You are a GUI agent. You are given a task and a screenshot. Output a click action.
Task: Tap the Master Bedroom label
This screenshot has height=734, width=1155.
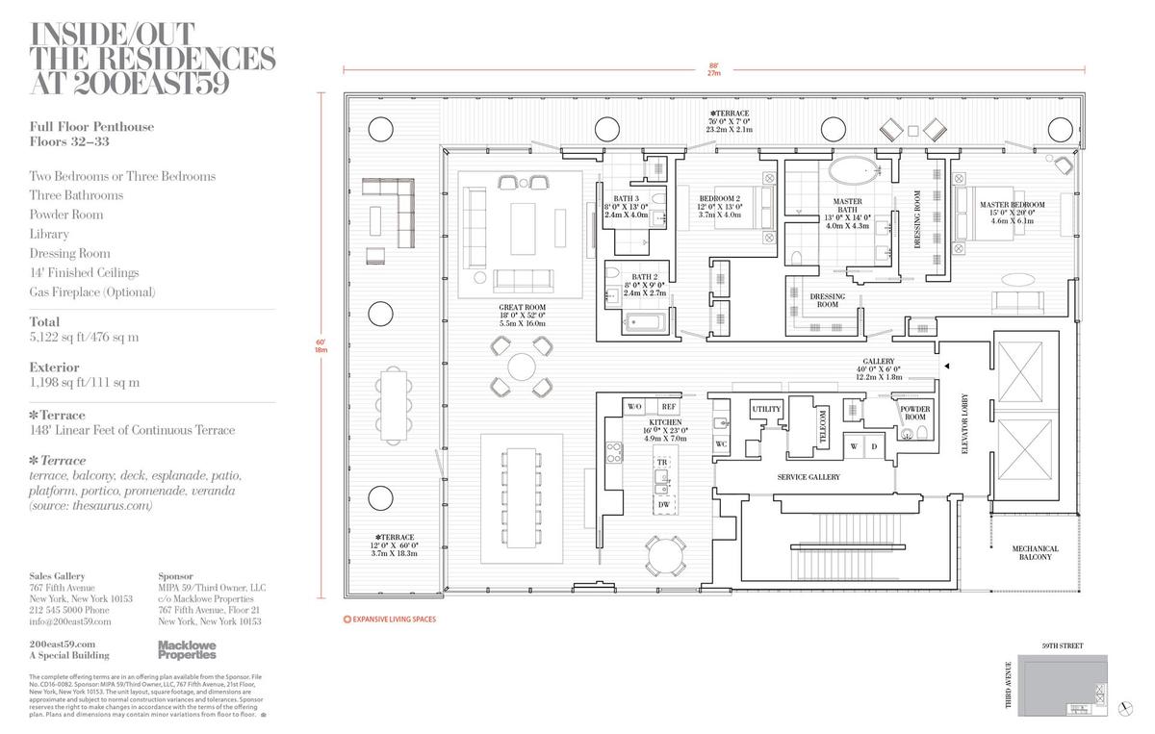pos(1012,205)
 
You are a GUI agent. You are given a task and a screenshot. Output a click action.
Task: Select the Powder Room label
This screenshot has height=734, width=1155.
pos(914,412)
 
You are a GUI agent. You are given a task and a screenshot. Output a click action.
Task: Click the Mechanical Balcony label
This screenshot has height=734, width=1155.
pos(1035,553)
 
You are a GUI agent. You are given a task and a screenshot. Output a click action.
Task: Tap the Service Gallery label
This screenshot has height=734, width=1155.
pos(808,477)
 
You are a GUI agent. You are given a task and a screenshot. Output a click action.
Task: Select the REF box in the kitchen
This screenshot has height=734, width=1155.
pos(668,407)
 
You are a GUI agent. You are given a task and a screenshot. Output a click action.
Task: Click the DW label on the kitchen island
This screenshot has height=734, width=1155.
pos(663,504)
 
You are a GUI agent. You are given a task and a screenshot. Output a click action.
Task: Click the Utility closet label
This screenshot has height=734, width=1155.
pos(766,410)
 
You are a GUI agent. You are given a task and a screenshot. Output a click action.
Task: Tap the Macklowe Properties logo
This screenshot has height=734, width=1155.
pos(187,649)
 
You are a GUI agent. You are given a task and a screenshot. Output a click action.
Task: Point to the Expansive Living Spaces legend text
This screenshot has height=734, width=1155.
pos(395,620)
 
